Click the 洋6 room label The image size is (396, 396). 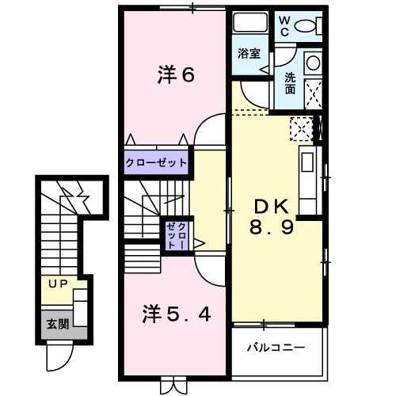click(x=176, y=76)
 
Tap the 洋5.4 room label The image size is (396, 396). click(x=176, y=314)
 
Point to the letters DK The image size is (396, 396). click(x=272, y=208)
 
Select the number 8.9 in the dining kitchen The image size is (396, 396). click(x=272, y=230)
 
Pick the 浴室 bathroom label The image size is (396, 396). click(x=250, y=55)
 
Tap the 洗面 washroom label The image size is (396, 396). click(x=291, y=85)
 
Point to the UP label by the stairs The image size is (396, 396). click(x=58, y=283)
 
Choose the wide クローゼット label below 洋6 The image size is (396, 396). click(x=156, y=163)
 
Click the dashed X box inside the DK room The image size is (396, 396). click(x=300, y=128)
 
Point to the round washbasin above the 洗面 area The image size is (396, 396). click(x=312, y=63)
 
